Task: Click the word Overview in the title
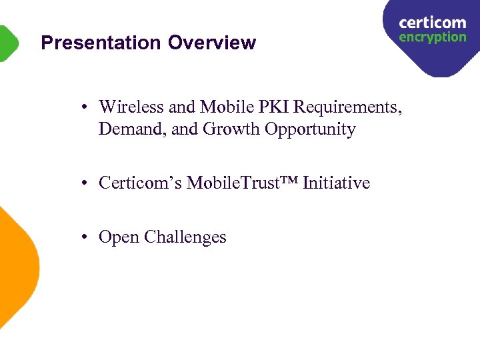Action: pos(211,43)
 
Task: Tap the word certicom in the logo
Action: pos(432,23)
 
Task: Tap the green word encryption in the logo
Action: pos(432,38)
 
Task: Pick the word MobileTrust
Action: pos(230,183)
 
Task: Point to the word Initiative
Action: pos(336,183)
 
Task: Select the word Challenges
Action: pos(185,237)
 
